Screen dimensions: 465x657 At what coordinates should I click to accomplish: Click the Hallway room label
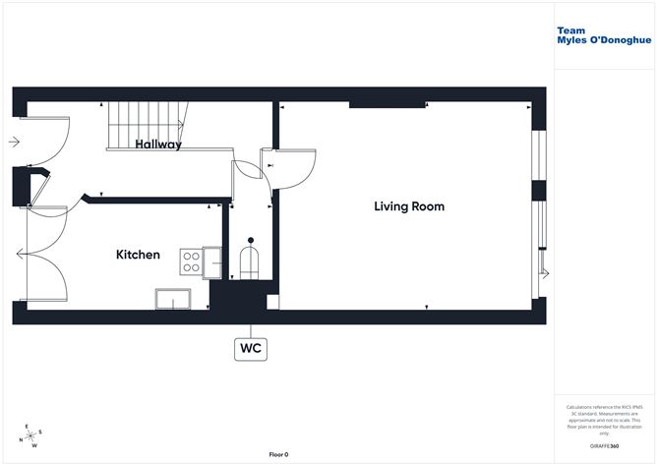click(x=158, y=145)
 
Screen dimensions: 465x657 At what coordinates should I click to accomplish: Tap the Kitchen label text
click(x=138, y=255)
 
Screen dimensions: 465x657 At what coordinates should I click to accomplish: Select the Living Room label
click(x=408, y=206)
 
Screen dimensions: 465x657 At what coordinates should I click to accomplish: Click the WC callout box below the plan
click(x=251, y=347)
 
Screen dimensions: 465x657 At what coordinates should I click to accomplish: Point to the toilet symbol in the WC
click(x=251, y=262)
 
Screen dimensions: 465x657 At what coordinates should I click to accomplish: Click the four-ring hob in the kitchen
click(x=191, y=261)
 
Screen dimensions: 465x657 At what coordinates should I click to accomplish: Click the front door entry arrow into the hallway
click(x=14, y=142)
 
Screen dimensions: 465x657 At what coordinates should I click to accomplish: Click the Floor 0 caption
click(x=278, y=454)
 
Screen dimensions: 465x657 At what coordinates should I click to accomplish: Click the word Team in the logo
click(x=570, y=30)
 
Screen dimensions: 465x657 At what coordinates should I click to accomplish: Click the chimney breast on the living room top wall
click(x=388, y=104)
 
